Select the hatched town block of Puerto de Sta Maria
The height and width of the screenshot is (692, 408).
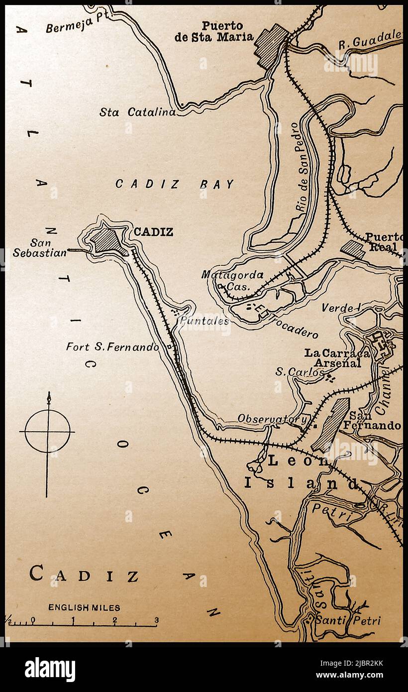pyautogui.click(x=271, y=45)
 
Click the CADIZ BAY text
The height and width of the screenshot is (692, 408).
pyautogui.click(x=175, y=184)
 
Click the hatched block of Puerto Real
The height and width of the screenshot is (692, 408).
pyautogui.click(x=353, y=249)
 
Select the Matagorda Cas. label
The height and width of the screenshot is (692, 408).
pyautogui.click(x=232, y=280)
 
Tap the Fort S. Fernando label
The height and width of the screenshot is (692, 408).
pyautogui.click(x=112, y=347)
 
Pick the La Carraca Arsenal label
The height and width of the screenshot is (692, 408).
pyautogui.click(x=337, y=358)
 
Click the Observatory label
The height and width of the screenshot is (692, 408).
pyautogui.click(x=271, y=419)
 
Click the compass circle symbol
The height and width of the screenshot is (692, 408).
pyautogui.click(x=48, y=431)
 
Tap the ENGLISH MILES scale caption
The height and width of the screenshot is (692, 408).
pyautogui.click(x=84, y=607)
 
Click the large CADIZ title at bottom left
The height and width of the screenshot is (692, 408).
pyautogui.click(x=84, y=575)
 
